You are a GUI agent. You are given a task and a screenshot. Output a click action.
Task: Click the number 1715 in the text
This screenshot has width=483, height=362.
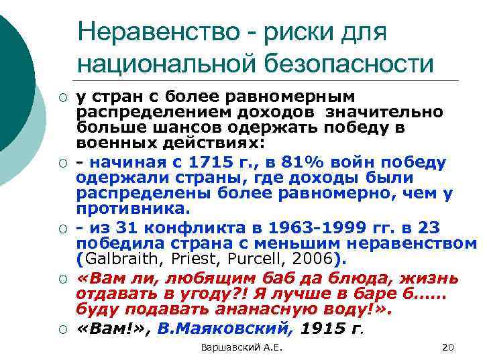(x=212, y=162)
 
